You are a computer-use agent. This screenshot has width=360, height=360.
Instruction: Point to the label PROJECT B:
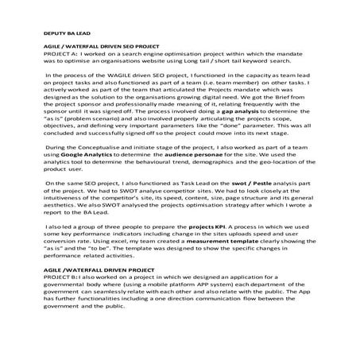pyautogui.click(x=57, y=277)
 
